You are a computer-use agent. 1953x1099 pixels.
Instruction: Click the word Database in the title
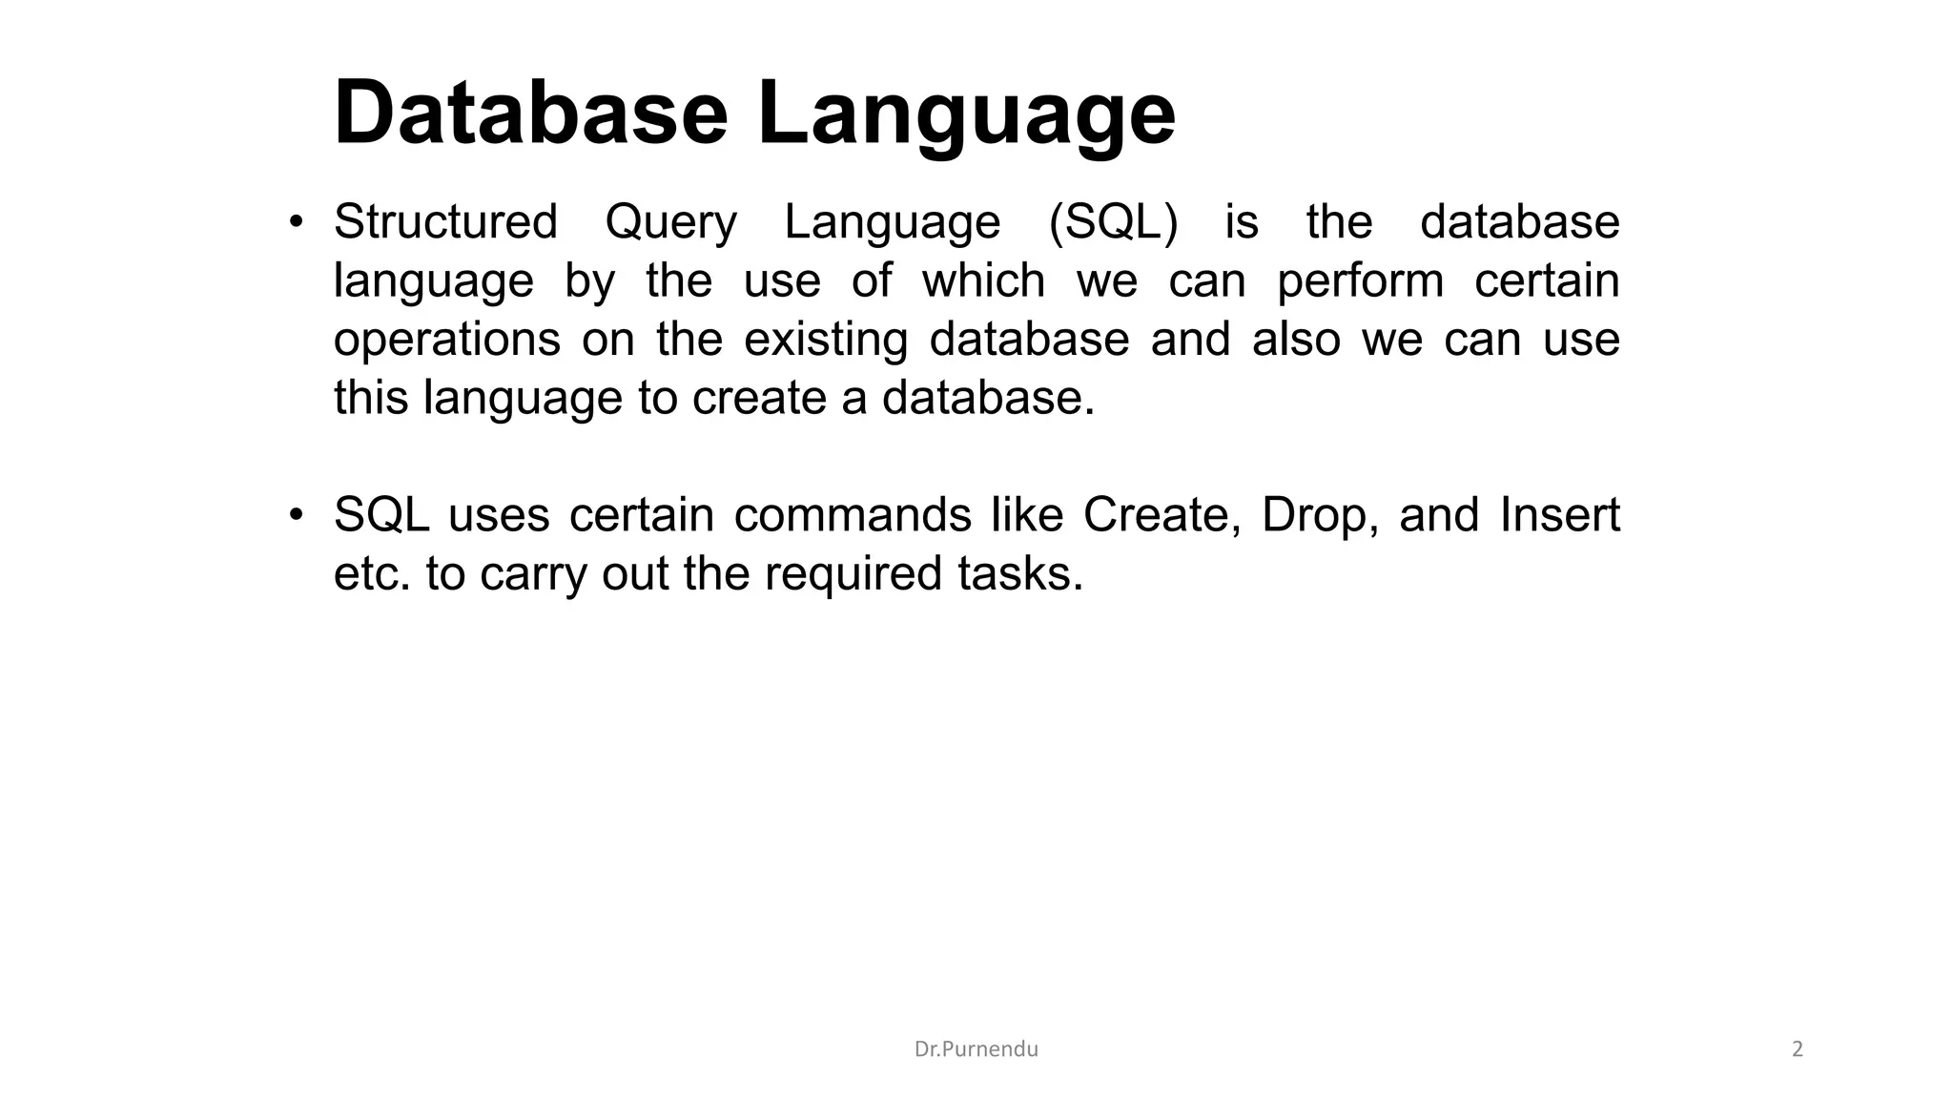click(531, 114)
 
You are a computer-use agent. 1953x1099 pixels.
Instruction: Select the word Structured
click(445, 222)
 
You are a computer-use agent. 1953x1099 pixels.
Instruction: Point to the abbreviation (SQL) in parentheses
click(1113, 223)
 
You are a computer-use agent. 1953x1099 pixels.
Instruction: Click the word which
click(983, 281)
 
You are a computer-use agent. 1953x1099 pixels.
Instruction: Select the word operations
click(447, 342)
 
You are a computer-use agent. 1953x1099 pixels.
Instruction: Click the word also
click(1296, 340)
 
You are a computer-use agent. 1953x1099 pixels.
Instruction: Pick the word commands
click(853, 515)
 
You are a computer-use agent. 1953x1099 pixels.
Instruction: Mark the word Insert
click(1559, 515)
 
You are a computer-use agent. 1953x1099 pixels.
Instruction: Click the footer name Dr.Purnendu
click(976, 1049)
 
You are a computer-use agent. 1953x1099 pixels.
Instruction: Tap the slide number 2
click(1798, 1049)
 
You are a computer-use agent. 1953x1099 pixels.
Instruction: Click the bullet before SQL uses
click(297, 516)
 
